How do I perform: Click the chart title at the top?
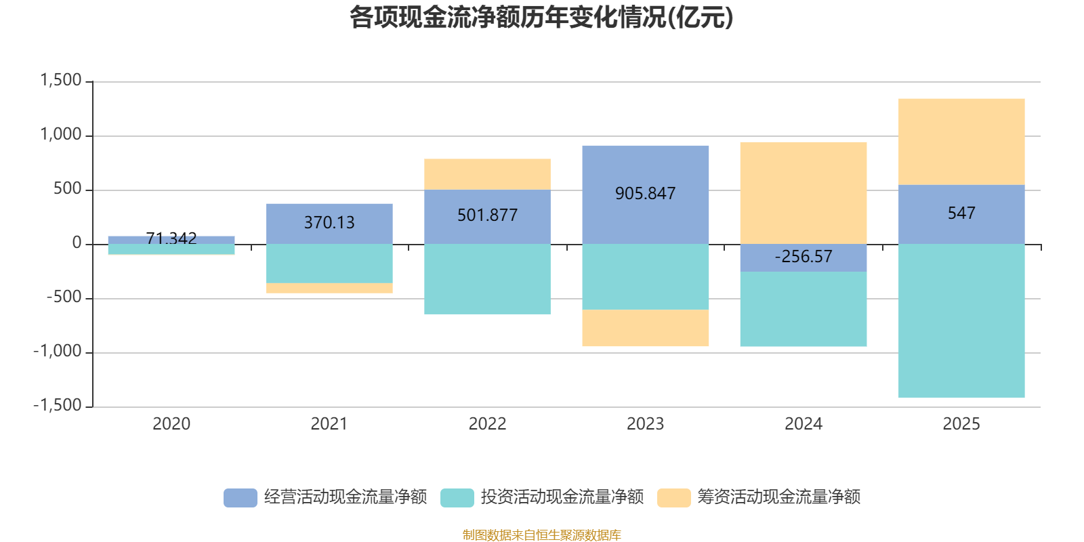coord(541,18)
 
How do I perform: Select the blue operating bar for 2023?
coord(645,195)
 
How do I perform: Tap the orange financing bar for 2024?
coord(804,193)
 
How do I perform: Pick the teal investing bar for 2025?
coord(961,321)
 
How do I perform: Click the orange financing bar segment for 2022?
coord(487,174)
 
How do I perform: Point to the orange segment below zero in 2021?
coord(329,288)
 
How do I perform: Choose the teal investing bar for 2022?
coord(487,279)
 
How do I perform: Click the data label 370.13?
coord(329,223)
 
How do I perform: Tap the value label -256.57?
coord(804,257)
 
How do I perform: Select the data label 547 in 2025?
coord(961,213)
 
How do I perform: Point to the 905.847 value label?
coord(645,194)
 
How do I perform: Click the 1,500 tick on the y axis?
coord(61,80)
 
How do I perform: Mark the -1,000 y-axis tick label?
coord(58,351)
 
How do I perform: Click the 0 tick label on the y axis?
coord(77,243)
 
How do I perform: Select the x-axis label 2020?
coord(171,424)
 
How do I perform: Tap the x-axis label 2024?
coord(804,424)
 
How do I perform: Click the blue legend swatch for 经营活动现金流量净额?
coord(240,497)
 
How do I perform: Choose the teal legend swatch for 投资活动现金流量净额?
coord(457,497)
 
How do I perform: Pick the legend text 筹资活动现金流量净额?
coord(778,497)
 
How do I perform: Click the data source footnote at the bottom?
coord(541,535)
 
